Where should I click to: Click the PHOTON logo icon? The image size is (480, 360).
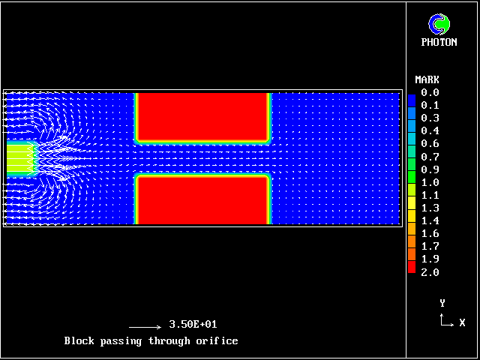click(x=439, y=24)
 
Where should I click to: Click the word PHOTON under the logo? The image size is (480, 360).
click(x=439, y=42)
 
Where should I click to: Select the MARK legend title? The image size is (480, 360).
click(x=427, y=80)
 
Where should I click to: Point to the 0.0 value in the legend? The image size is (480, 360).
click(x=430, y=92)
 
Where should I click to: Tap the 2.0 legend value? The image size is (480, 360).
click(x=430, y=272)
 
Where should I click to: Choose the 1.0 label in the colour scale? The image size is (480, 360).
click(x=430, y=182)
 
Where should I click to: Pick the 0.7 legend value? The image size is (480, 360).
click(x=430, y=157)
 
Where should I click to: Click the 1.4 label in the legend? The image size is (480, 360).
click(x=430, y=220)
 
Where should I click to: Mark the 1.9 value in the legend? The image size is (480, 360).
click(x=430, y=259)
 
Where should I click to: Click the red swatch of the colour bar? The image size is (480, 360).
click(x=412, y=267)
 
